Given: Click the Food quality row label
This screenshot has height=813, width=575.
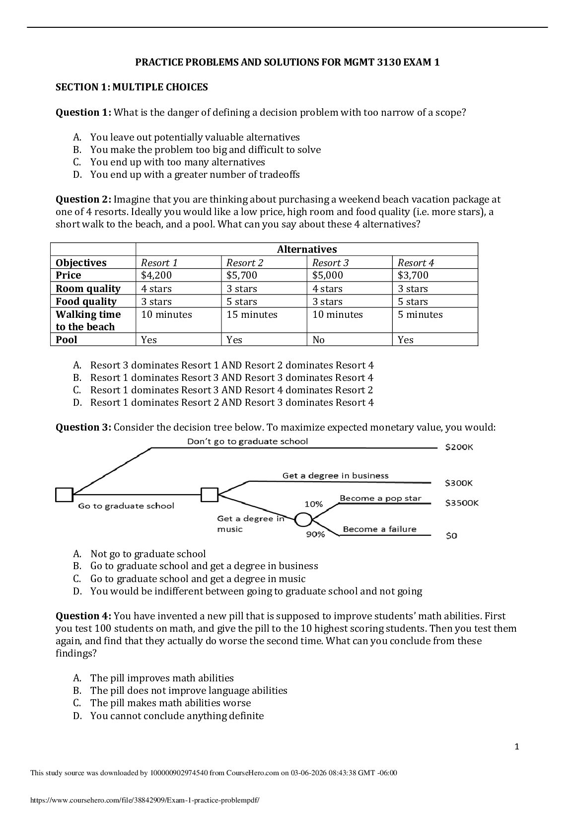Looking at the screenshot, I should coord(86,301).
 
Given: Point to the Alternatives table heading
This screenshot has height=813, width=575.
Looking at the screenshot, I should coord(306,249).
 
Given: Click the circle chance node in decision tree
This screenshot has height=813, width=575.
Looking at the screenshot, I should coord(303,519).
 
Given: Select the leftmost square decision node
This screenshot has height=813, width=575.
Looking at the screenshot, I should coord(64,495).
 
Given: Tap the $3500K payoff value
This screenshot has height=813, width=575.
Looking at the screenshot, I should coord(462,503).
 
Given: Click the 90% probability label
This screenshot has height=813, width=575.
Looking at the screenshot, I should coord(315,534).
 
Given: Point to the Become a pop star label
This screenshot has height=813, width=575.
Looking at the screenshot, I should coord(380,498).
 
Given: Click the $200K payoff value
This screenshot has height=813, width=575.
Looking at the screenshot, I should coord(459,447).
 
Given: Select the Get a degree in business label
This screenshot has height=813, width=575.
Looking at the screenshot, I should coord(335,475).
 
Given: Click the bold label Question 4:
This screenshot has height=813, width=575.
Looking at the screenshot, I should coord(83,616).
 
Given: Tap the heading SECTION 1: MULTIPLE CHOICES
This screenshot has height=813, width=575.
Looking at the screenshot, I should coord(131,87).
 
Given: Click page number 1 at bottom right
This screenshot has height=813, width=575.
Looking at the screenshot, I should coord(516,746).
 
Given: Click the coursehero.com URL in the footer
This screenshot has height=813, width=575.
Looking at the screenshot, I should coord(145,800).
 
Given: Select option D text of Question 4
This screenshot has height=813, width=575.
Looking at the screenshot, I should coord(177,716).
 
